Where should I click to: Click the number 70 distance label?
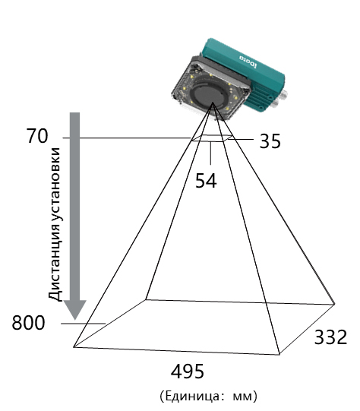pos(37,136)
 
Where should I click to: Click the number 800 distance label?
pos(28,323)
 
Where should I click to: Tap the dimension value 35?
pos(270,141)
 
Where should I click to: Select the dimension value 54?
pos(206,181)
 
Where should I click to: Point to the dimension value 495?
pos(187,371)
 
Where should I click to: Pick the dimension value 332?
pos(330,337)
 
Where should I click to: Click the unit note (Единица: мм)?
pos(209,396)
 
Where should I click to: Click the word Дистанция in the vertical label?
pos(55,259)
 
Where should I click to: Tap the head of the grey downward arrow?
pos(75,309)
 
